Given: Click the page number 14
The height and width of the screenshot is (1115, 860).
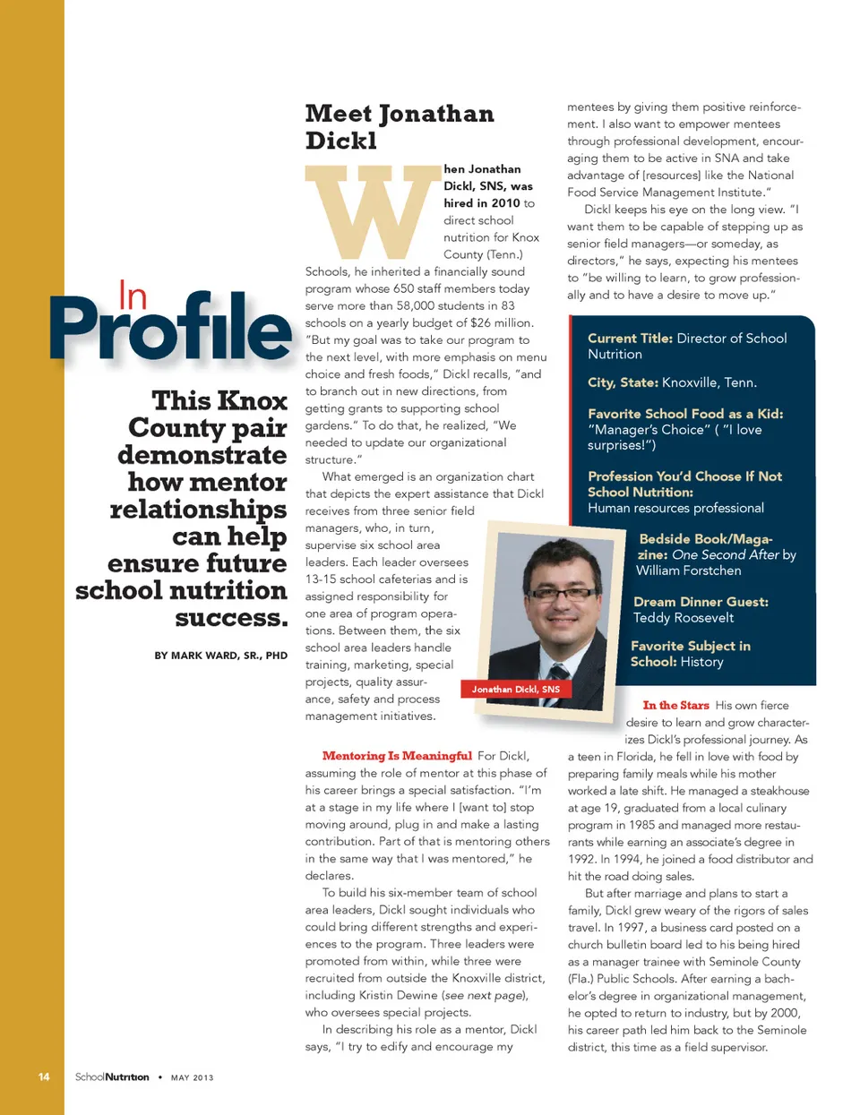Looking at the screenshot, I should click(44, 1076).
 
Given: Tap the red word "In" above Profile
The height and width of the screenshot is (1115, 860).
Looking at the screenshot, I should click(133, 296).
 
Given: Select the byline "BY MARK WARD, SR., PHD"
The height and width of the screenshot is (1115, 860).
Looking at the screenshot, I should click(220, 656).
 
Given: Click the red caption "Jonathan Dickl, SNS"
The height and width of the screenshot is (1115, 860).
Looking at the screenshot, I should click(515, 689).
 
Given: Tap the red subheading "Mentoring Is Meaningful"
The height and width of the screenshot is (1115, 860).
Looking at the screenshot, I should click(397, 756).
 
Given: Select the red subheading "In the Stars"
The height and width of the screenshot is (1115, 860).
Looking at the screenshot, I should click(675, 706).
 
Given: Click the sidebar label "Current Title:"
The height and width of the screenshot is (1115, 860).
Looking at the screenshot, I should click(630, 339).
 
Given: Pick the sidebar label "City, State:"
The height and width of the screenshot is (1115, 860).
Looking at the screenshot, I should click(623, 382).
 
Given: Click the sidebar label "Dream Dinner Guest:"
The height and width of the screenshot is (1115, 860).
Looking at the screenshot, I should click(701, 602).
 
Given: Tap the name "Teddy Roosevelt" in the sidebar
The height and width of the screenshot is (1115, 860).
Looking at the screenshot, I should click(683, 618).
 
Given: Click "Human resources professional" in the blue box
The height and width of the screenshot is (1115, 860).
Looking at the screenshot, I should click(675, 508).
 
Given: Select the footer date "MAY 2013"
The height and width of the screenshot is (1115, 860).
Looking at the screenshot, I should click(192, 1077).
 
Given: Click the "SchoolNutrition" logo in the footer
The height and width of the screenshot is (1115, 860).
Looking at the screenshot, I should click(112, 1076).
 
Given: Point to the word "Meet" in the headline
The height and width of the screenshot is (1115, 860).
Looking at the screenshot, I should click(338, 114).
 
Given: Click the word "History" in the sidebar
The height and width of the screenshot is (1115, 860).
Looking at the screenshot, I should click(701, 662).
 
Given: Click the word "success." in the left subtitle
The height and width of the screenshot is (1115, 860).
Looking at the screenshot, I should click(231, 618).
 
